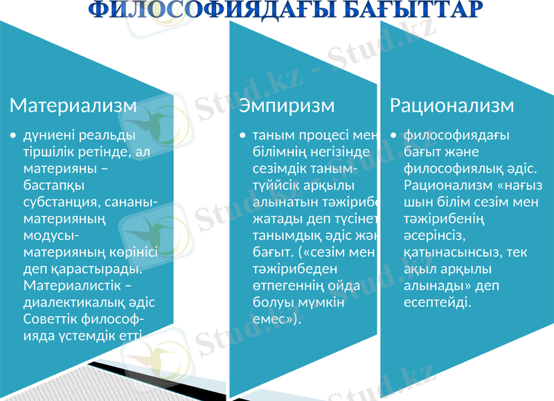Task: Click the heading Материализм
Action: pyautogui.click(x=73, y=106)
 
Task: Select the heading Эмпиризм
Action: pyautogui.click(x=287, y=106)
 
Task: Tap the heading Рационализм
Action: pyautogui.click(x=452, y=106)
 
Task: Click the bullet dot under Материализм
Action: pyautogui.click(x=13, y=136)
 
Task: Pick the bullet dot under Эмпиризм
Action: pyautogui.click(x=242, y=136)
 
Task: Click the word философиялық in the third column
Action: pyautogui.click(x=456, y=168)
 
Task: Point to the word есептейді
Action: pyautogui.click(x=438, y=303)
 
